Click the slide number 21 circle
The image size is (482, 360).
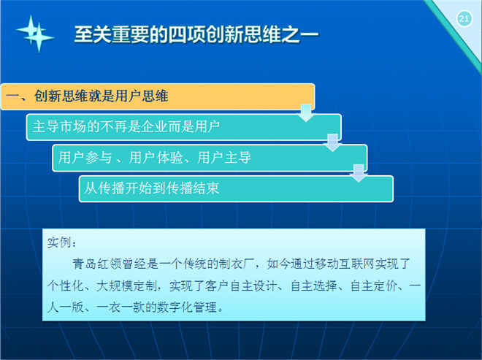[x=464, y=19]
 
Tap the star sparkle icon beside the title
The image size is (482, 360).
[x=35, y=34]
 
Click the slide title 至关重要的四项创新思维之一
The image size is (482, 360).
[x=196, y=34]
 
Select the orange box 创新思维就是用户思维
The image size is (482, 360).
[x=158, y=96]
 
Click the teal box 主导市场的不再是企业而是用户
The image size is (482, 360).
[x=184, y=127]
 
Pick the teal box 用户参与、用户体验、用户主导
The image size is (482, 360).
[x=210, y=158]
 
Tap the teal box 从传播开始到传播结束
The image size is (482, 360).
[x=236, y=188]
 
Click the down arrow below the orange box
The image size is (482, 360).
[x=306, y=113]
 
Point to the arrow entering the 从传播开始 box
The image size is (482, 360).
[x=359, y=173]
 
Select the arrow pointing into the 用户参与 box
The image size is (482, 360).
[x=332, y=142]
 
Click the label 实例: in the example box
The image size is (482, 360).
[x=61, y=242]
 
